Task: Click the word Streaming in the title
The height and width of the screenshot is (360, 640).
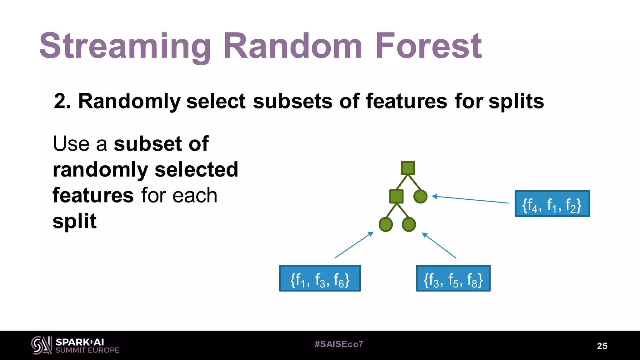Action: tap(125, 46)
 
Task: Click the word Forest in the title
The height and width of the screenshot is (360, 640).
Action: tap(428, 46)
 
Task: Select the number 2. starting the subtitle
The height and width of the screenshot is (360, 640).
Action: tap(62, 101)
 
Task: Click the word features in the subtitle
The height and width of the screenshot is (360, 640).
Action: tap(406, 101)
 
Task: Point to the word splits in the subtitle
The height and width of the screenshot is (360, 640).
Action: tap(516, 101)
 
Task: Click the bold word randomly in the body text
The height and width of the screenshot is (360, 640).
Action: tap(100, 170)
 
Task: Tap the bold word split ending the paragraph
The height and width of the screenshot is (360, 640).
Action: tap(74, 221)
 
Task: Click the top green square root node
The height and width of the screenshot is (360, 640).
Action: tap(408, 168)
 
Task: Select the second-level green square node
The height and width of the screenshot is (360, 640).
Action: tap(396, 197)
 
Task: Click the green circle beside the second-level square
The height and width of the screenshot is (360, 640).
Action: tap(420, 197)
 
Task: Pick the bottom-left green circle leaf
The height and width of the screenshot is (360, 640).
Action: tap(386, 224)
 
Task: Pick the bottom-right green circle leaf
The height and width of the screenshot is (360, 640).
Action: tap(409, 224)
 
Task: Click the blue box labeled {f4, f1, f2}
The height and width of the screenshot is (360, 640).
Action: tap(552, 204)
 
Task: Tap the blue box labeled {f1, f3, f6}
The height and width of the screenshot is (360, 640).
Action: tap(320, 278)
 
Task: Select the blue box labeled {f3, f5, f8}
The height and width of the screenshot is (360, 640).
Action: tap(453, 278)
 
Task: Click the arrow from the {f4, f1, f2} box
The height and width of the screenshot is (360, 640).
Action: tap(470, 199)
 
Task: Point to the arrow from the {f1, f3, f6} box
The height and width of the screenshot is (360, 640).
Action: tap(354, 245)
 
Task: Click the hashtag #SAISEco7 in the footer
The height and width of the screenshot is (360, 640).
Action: tap(339, 344)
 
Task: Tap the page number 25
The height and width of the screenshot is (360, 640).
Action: tap(602, 346)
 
